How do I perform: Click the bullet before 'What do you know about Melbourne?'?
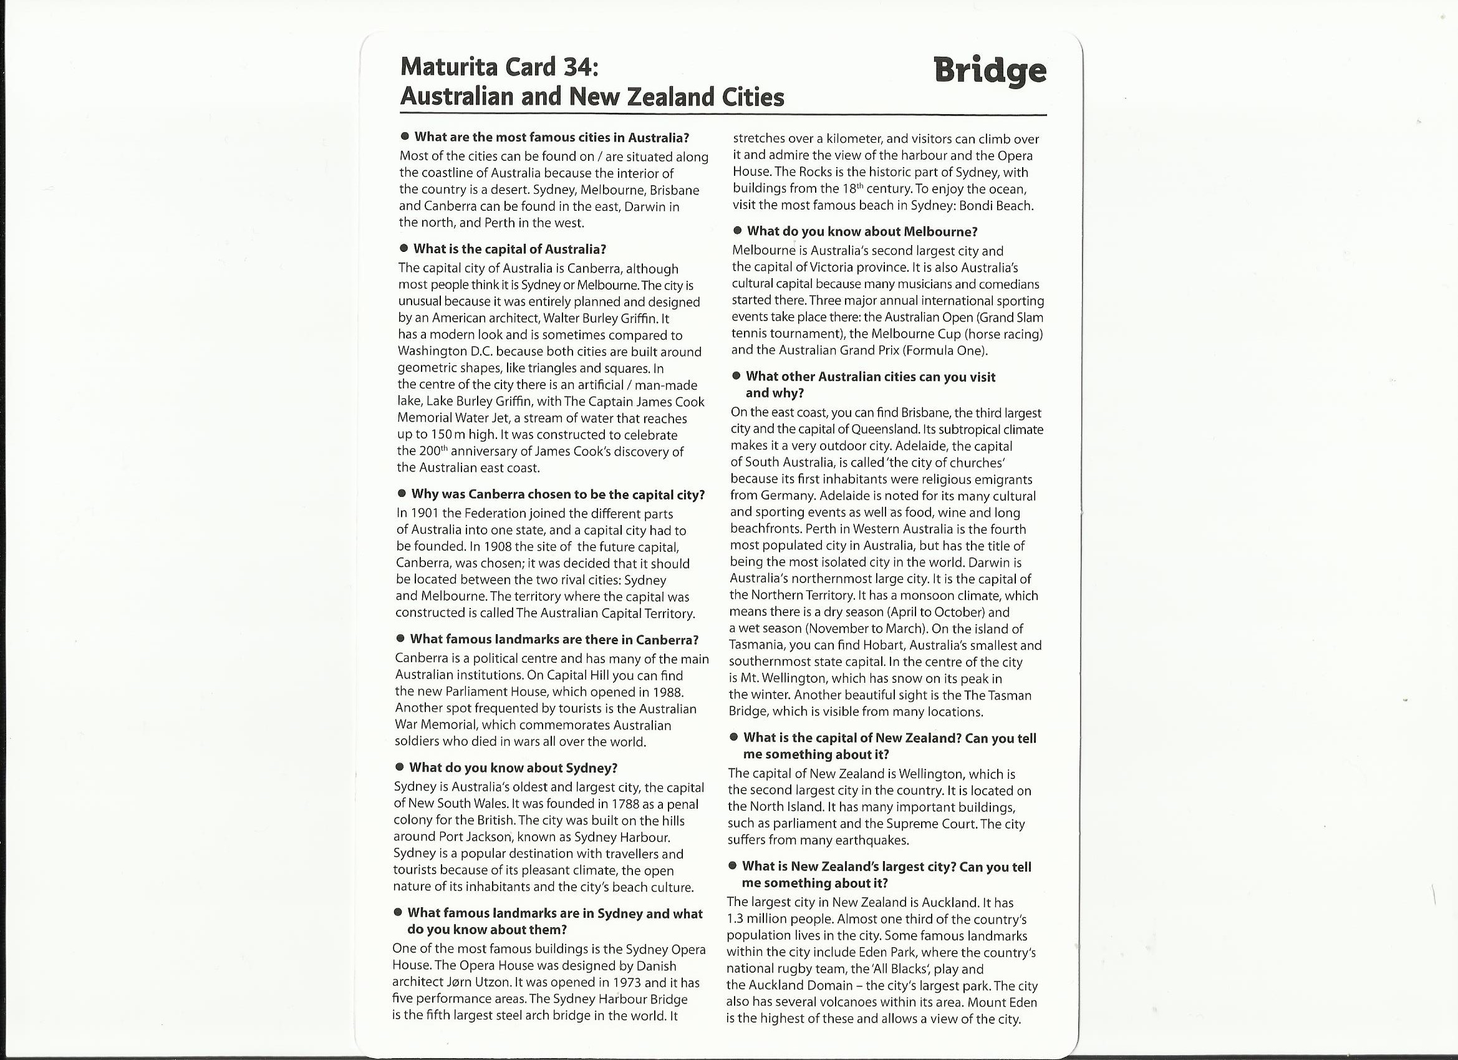737,231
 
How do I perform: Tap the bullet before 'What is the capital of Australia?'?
403,248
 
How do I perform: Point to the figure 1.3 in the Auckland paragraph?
735,919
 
